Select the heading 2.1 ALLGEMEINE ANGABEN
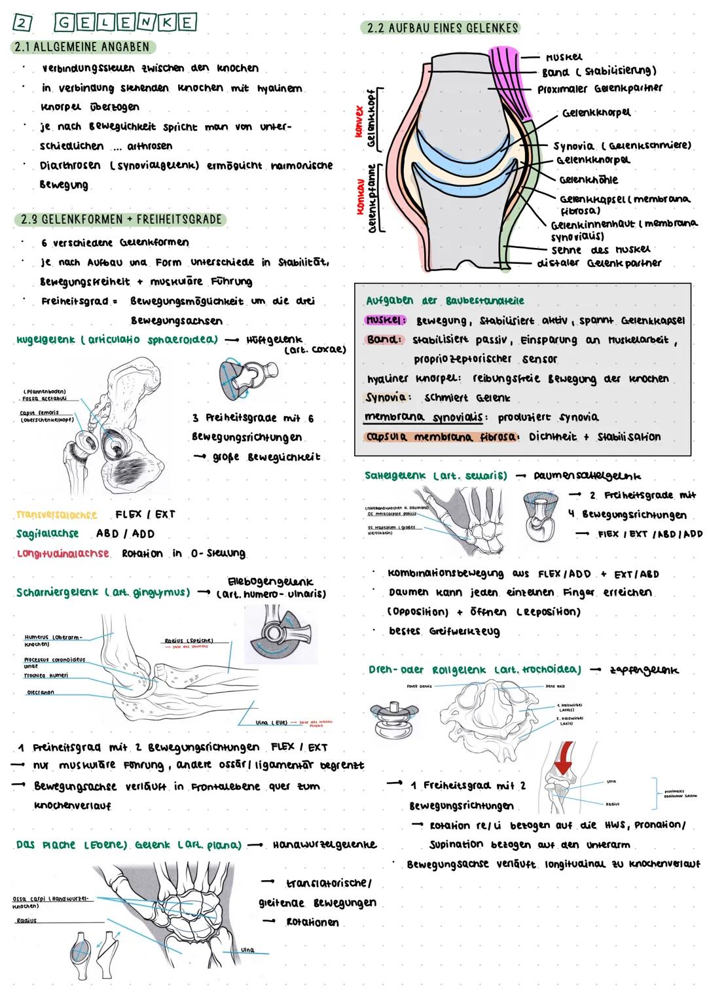[x=82, y=47]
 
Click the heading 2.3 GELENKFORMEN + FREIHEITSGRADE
[x=121, y=219]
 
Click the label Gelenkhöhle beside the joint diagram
[x=588, y=179]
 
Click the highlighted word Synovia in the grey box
[x=388, y=397]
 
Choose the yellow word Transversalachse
[x=58, y=515]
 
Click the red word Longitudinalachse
[x=63, y=554]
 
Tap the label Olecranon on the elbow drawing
[x=40, y=692]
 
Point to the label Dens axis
[x=554, y=686]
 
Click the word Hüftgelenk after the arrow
[x=274, y=340]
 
